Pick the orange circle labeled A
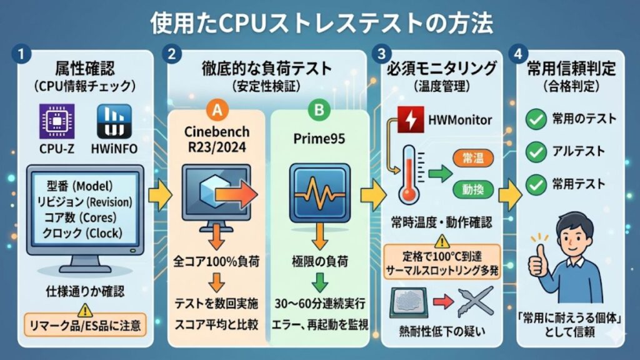pos(216,110)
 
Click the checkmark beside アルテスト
pos(536,151)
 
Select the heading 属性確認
pos(84,67)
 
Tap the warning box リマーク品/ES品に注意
pos(84,324)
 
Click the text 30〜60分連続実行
pos(319,303)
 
